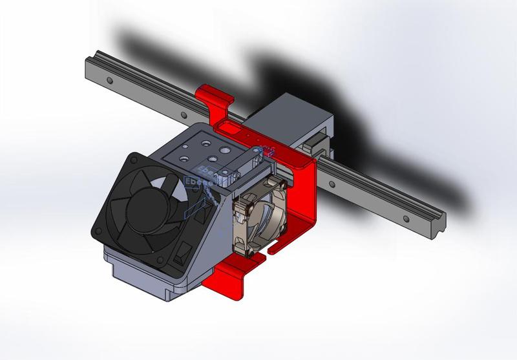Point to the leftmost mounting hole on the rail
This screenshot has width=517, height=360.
(111, 81)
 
